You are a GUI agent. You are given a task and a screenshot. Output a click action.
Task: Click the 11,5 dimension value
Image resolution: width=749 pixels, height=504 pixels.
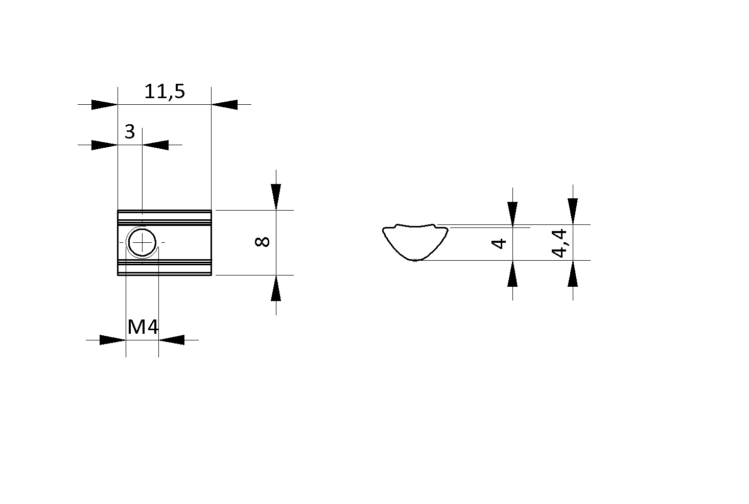tap(165, 91)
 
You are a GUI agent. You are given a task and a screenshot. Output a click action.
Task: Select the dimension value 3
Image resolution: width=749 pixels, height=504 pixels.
tap(130, 132)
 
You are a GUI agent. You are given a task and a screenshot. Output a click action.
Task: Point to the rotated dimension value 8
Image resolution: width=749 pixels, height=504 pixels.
tap(262, 241)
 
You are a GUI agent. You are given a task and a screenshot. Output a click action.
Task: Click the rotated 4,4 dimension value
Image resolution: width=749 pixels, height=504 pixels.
tap(559, 243)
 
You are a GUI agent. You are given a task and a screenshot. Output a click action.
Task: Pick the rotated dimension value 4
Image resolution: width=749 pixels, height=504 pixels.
tap(498, 243)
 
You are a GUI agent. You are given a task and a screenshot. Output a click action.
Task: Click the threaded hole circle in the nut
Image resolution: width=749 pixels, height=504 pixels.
tap(142, 242)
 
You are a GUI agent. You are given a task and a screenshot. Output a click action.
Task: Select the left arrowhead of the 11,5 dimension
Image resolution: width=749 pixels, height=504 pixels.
tap(105, 105)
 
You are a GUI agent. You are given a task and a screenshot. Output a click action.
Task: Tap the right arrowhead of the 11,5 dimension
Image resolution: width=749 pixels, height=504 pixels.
tap(224, 105)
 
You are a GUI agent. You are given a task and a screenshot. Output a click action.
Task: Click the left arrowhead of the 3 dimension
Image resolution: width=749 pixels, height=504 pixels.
tap(105, 145)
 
